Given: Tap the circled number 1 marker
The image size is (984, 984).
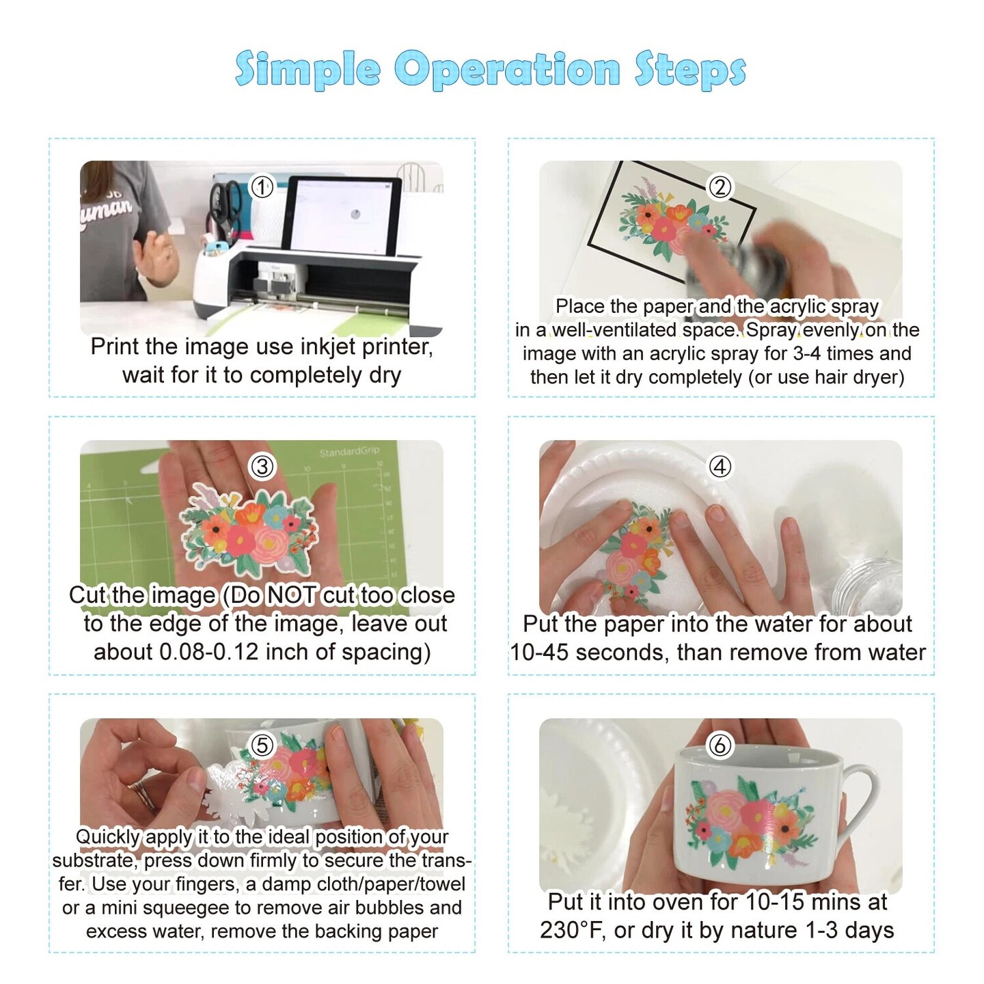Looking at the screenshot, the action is [x=261, y=187].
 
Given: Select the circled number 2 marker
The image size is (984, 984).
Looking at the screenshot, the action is [x=720, y=187].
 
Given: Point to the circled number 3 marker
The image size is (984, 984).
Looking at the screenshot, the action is [x=262, y=466].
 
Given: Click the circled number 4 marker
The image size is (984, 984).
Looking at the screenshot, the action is [x=720, y=466].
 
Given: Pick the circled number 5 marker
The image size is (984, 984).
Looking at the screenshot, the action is [x=262, y=745].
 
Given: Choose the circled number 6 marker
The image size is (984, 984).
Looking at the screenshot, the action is [x=720, y=745].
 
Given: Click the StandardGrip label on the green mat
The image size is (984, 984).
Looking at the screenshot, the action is [x=349, y=452].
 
